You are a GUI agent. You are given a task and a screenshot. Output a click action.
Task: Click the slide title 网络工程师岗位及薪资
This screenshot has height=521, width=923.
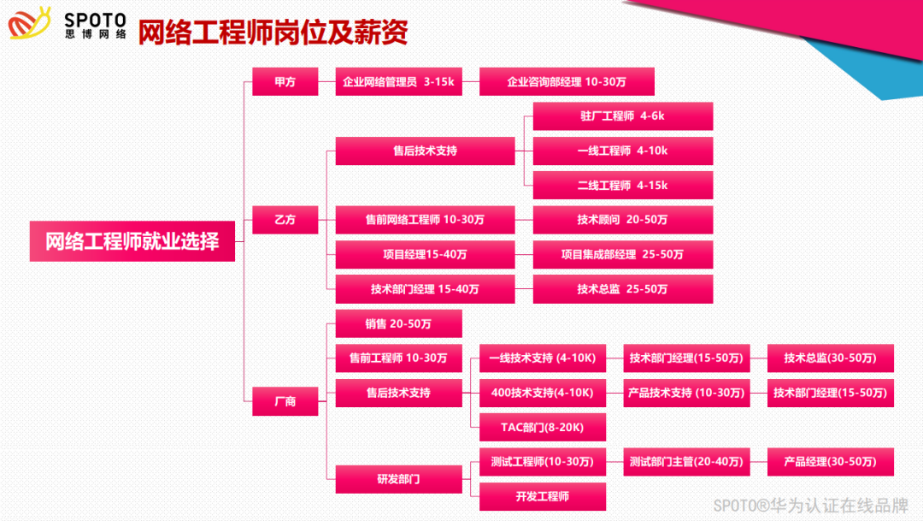point(273,32)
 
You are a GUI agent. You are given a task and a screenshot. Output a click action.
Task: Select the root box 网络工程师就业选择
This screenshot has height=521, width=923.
point(132,242)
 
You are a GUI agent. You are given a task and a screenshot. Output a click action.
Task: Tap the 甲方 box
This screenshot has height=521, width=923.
point(285,82)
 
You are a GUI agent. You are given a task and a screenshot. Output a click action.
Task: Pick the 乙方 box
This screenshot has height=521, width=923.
point(285,220)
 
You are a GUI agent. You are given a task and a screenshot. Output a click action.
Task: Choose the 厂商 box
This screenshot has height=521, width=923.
point(285,400)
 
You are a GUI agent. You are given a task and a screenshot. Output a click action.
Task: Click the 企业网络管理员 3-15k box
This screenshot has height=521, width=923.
point(398,82)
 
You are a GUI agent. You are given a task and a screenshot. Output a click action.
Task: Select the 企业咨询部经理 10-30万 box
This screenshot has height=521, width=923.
point(567,82)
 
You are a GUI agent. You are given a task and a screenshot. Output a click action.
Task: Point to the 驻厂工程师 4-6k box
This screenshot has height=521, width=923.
point(622,116)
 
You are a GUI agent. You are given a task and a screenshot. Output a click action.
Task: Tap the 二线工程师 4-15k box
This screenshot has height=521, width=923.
point(622,186)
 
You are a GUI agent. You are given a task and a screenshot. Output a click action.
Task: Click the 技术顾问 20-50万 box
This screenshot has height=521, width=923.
point(622,220)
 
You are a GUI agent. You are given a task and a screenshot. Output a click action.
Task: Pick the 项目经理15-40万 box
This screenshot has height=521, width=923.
point(425,254)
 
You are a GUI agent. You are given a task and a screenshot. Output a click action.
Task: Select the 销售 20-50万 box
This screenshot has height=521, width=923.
point(398,323)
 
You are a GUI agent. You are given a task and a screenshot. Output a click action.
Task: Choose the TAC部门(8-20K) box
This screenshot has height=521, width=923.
point(543,427)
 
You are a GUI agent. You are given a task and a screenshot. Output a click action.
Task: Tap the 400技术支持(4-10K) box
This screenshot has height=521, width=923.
point(543,393)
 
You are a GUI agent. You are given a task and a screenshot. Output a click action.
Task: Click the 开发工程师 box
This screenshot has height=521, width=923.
point(543,496)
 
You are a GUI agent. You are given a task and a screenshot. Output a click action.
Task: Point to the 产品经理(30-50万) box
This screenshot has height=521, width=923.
point(831,462)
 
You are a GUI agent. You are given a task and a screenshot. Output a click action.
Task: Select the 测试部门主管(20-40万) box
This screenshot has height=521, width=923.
point(686,462)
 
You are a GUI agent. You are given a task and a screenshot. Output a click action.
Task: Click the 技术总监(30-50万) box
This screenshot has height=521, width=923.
point(831,358)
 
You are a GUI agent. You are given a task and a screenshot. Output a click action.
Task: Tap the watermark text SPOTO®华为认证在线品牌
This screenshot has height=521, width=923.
point(811,505)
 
